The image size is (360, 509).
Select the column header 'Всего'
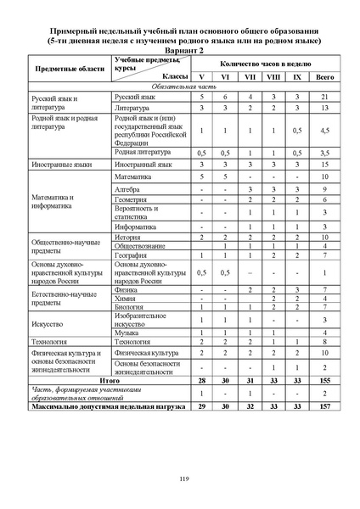(324, 76)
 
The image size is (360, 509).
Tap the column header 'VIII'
(273, 76)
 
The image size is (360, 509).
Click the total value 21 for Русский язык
(324, 98)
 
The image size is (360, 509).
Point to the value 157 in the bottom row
(324, 406)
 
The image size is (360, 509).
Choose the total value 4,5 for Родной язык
(324, 131)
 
